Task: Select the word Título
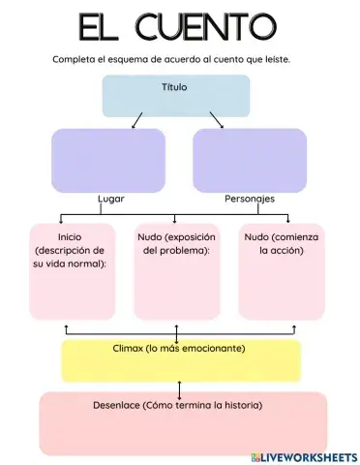[x=175, y=87]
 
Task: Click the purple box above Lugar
[x=107, y=160]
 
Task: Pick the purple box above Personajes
[x=249, y=160]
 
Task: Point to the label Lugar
[x=111, y=199]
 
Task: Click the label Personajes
[x=250, y=199]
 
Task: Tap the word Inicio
[x=70, y=236]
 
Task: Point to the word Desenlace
[x=115, y=405]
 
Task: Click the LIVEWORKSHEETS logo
[x=303, y=455]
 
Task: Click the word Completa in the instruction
[x=75, y=59]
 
